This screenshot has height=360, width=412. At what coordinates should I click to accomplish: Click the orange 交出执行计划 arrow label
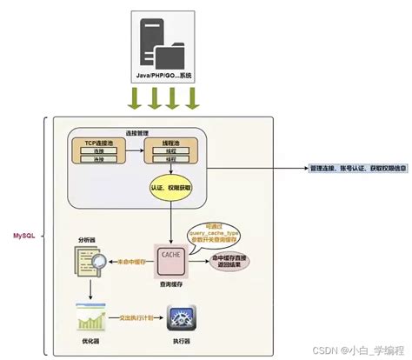click(136, 318)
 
